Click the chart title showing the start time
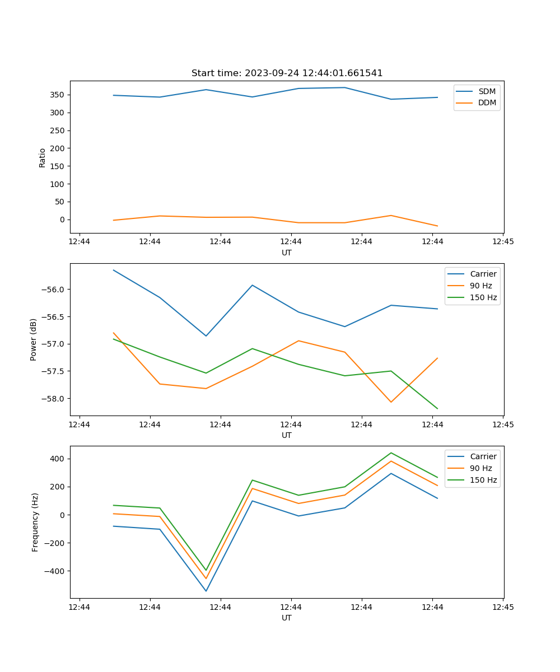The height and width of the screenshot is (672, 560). click(287, 73)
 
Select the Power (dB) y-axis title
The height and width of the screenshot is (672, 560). click(34, 339)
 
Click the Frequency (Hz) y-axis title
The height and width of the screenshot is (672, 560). click(35, 522)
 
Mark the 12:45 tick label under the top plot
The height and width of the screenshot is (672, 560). click(502, 242)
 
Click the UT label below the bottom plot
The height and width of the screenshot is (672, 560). click(287, 618)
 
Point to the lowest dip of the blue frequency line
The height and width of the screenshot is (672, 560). click(206, 591)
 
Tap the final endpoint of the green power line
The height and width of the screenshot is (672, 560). click(437, 408)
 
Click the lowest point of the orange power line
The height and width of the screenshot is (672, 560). click(391, 402)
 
